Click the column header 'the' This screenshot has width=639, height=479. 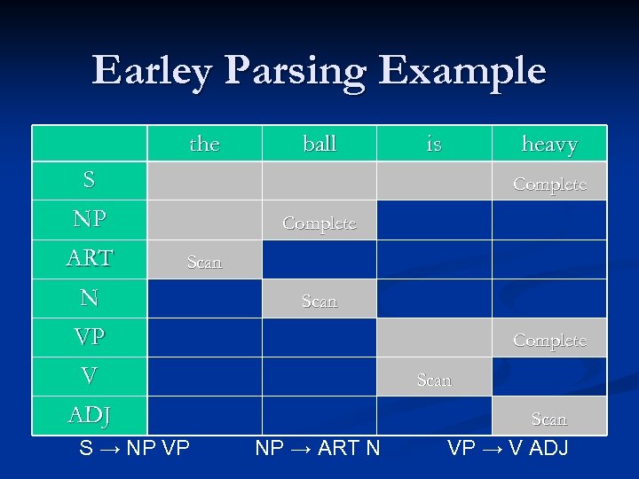tap(204, 144)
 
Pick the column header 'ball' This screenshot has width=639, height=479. tap(319, 144)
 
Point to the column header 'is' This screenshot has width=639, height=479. tap(434, 144)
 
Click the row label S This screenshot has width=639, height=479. tap(89, 181)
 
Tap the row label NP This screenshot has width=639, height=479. tap(89, 219)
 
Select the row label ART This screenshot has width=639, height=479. tap(89, 258)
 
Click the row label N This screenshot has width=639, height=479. tap(89, 298)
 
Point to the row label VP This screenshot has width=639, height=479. tap(89, 337)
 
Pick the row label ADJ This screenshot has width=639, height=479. tap(89, 415)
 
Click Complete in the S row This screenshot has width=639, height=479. tap(549, 185)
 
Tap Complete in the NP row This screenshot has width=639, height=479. tap(319, 224)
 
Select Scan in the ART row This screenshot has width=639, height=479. tap(204, 263)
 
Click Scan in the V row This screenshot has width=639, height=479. tap(434, 380)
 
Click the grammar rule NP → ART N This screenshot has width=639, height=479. tap(318, 448)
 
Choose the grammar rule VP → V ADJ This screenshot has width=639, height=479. tap(509, 448)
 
